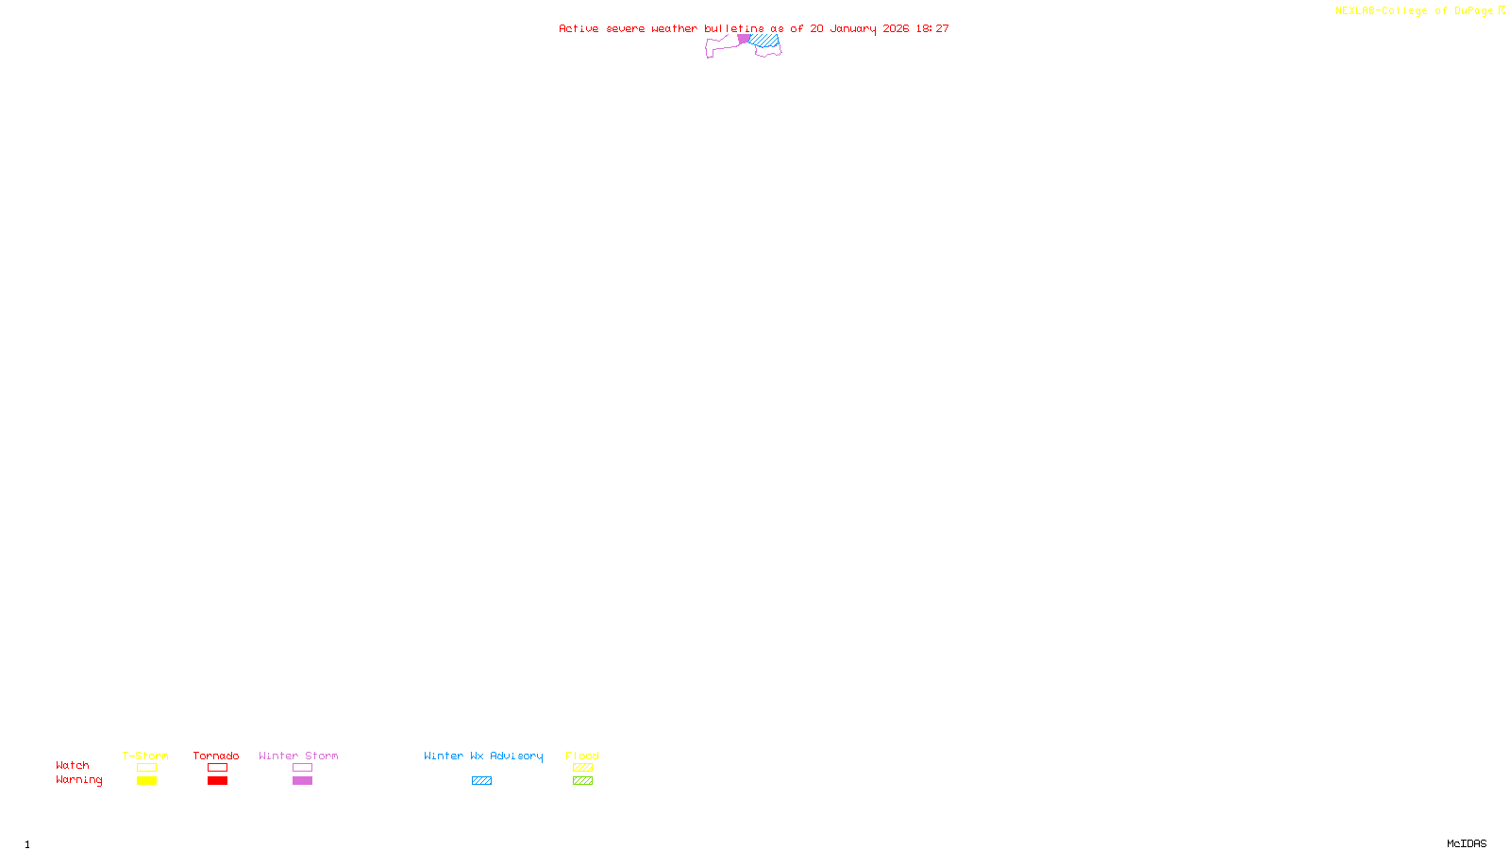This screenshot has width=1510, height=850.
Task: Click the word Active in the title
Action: (x=579, y=28)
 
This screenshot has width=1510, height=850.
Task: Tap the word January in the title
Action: (x=852, y=28)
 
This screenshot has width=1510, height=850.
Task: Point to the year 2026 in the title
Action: (x=896, y=28)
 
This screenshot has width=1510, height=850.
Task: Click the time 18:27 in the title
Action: (x=932, y=28)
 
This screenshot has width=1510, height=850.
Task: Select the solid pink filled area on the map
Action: (x=744, y=39)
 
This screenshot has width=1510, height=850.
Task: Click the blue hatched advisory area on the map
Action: (x=765, y=41)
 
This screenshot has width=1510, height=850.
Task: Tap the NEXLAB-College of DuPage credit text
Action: (x=1414, y=10)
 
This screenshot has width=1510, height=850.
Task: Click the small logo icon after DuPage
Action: (x=1502, y=10)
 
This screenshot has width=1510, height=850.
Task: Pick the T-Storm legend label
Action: (x=145, y=756)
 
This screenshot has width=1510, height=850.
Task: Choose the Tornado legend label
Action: (x=216, y=756)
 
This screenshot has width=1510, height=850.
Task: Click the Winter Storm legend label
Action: (x=298, y=756)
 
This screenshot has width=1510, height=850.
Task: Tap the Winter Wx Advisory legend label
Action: (x=483, y=756)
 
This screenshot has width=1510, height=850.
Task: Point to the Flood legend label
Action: (x=582, y=756)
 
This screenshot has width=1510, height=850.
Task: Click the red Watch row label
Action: (x=73, y=765)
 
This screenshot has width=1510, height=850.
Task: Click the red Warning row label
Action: (x=78, y=780)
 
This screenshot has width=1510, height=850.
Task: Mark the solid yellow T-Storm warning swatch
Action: (x=146, y=781)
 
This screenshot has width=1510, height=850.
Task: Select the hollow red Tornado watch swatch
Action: (x=217, y=768)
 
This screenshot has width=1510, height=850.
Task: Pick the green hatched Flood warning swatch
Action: (x=582, y=781)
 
